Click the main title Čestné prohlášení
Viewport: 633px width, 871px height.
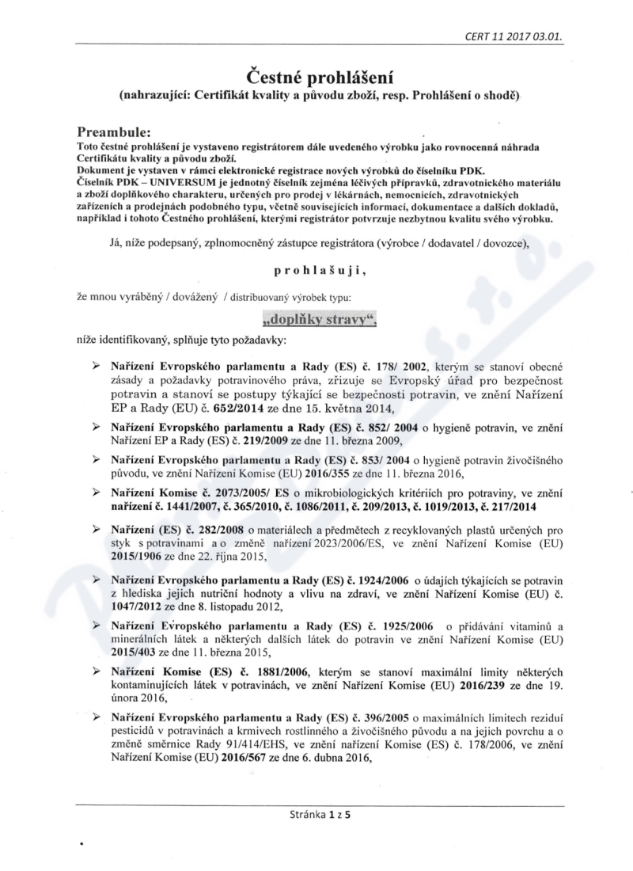316,77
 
